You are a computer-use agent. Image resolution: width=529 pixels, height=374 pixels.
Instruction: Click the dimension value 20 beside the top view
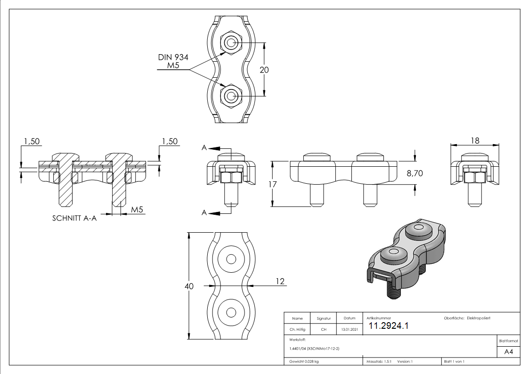coord(264,69)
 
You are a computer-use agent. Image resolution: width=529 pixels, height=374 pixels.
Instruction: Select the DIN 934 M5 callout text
coord(173,62)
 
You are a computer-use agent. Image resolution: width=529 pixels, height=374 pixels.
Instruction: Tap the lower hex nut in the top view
coord(230,96)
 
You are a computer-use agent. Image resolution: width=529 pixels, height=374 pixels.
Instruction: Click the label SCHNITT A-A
coord(74,219)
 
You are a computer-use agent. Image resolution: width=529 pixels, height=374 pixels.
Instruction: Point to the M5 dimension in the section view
coord(137,209)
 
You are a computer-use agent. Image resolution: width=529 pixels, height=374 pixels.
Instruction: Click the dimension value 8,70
coord(415,173)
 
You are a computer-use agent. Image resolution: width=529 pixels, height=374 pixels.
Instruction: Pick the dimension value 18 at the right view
coord(475,141)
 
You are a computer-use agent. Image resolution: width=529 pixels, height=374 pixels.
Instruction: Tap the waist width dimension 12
coord(280,281)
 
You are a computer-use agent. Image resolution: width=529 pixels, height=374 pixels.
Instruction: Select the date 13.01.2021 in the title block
coord(349,330)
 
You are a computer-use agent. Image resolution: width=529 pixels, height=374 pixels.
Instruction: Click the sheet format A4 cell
coord(508,352)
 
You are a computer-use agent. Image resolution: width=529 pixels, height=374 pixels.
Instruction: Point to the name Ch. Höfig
coord(297,330)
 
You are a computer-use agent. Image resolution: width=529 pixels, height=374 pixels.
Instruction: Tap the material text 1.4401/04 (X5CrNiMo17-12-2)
coord(315,349)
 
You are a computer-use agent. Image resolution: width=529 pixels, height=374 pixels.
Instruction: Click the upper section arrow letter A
coord(204,147)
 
